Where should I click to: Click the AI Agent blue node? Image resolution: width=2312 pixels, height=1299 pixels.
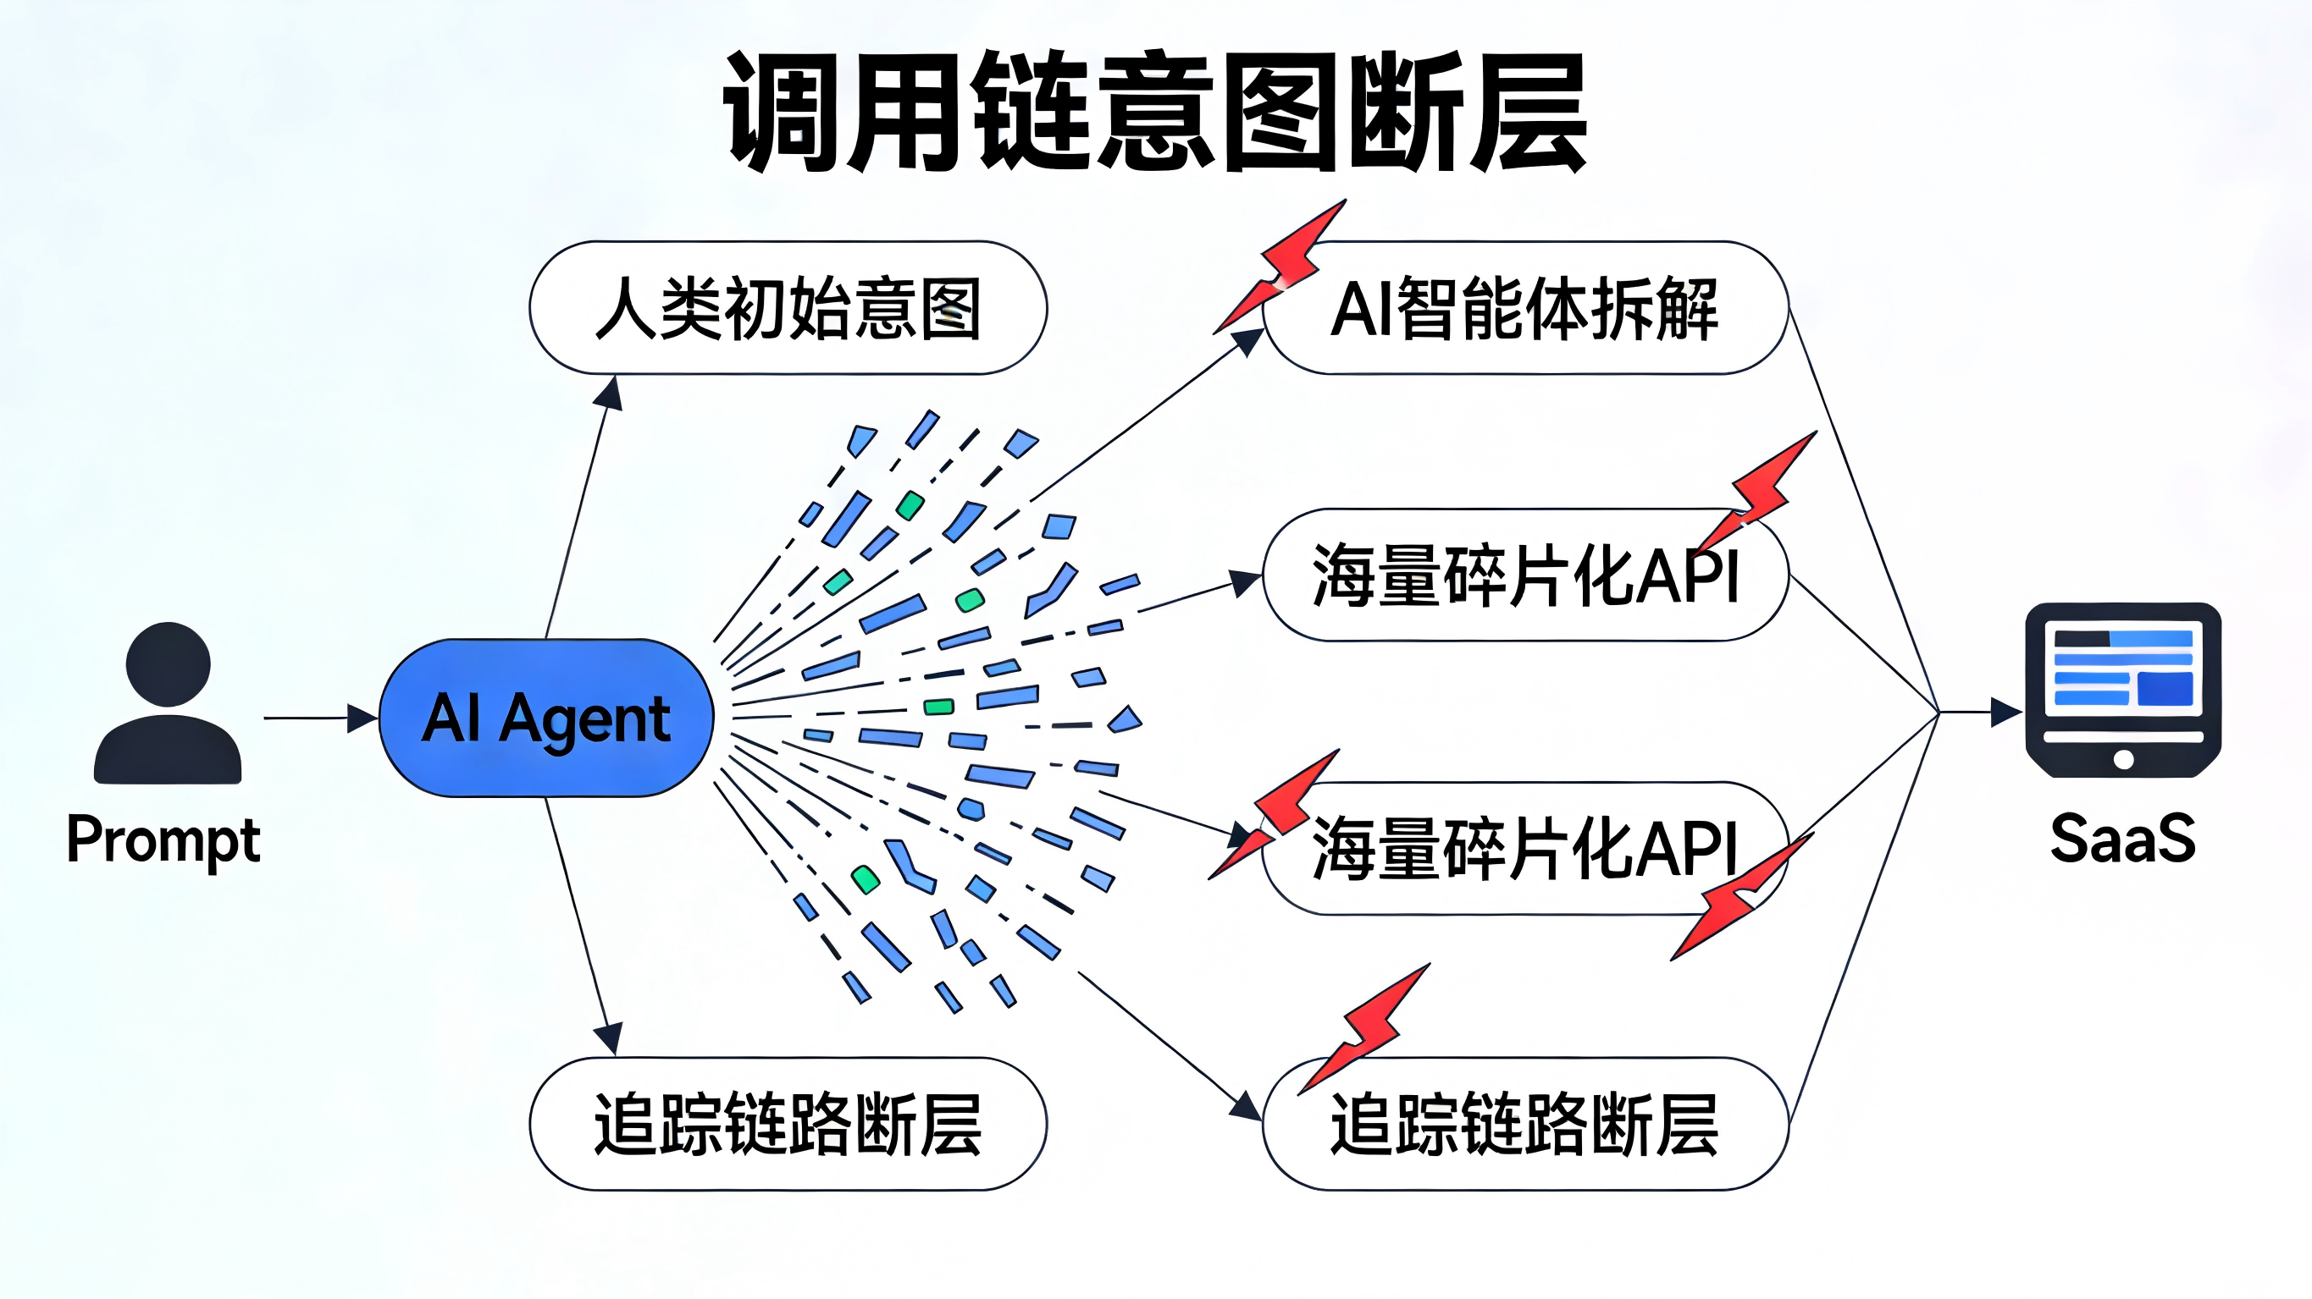pyautogui.click(x=545, y=718)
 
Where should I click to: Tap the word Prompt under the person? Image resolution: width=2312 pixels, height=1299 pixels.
pyautogui.click(x=163, y=840)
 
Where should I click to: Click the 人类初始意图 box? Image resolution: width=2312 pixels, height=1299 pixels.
pyautogui.click(x=787, y=308)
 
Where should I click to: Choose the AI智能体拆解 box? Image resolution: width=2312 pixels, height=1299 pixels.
pyautogui.click(x=1525, y=308)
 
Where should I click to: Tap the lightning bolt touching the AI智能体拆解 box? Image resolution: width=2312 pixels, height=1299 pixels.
pyautogui.click(x=1283, y=265)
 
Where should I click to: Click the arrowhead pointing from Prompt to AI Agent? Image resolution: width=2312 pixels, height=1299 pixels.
pyautogui.click(x=362, y=718)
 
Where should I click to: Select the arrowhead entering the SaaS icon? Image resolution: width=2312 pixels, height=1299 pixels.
pyautogui.click(x=2006, y=713)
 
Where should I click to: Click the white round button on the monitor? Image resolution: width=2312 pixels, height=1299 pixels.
pyautogui.click(x=2123, y=760)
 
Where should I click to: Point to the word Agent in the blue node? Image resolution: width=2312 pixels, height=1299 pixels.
pyautogui.click(x=584, y=719)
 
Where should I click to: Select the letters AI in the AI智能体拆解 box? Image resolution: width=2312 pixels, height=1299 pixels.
pyautogui.click(x=1360, y=309)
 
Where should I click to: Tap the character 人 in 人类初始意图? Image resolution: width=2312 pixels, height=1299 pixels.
pyautogui.click(x=626, y=308)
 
